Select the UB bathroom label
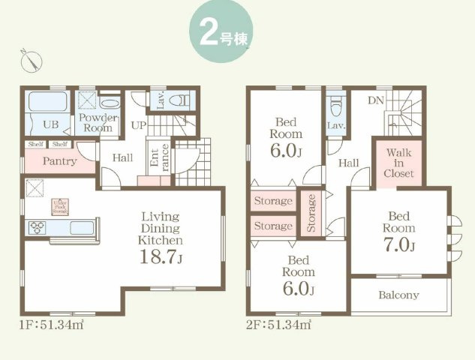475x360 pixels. click(x=50, y=124)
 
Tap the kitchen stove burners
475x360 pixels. click(x=38, y=227)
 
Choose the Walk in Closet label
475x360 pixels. click(x=398, y=163)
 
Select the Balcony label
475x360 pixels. click(x=398, y=295)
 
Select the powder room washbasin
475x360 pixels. click(x=109, y=103)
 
